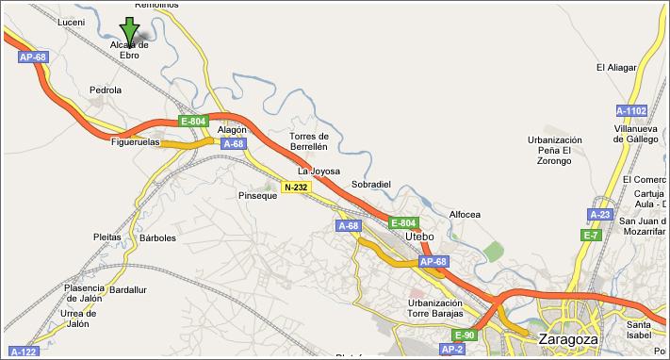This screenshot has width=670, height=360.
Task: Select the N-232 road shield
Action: point(296,188)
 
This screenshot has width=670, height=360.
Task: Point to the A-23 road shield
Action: point(599,214)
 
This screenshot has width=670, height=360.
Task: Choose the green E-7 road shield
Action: point(591,235)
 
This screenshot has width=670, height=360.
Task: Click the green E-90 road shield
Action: point(465,335)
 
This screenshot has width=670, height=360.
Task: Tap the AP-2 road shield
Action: point(452,349)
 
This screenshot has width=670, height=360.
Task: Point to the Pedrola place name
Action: point(105,90)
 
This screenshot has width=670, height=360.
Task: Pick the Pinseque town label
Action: point(257,195)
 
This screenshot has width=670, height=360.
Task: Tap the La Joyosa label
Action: point(317,171)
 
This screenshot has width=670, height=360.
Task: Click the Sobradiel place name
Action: point(370,184)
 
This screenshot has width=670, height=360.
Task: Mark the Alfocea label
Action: point(466,214)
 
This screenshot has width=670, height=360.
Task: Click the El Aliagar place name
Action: point(616,67)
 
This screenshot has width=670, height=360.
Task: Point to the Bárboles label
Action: point(157,237)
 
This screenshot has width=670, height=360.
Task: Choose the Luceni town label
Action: point(71,22)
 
